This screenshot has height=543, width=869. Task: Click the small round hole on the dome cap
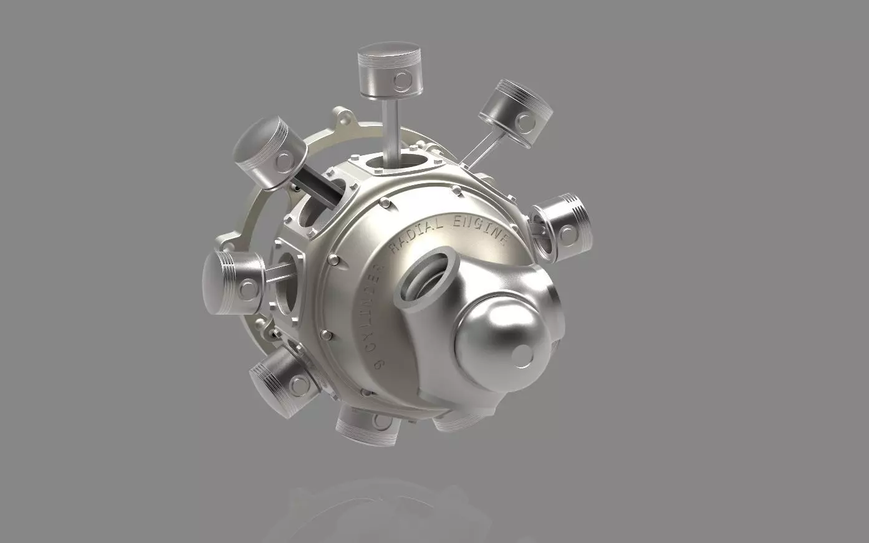[x=519, y=355]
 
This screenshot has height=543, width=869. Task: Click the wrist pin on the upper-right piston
[x=529, y=120]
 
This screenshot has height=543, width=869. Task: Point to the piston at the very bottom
[x=368, y=425]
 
